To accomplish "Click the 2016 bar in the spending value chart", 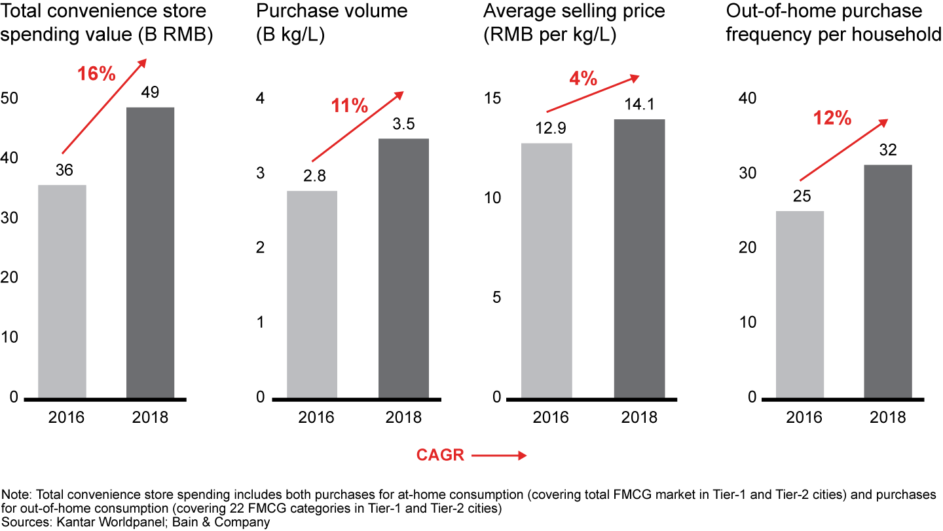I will pos(62,292).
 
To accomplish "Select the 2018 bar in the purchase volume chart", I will pos(403,268).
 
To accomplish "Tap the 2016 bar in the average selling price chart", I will pos(547,270).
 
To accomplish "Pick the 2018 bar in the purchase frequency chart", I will pos(887,281).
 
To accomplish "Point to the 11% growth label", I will pos(349,106).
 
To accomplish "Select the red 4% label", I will pos(583,79).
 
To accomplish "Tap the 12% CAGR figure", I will pos(832,119).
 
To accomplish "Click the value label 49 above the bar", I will pos(150,92).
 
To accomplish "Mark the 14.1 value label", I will pos(639,105).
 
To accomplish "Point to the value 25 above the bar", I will pos(799,196).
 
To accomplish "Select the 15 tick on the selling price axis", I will pos(492,98).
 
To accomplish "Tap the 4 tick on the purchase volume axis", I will pos(260,98).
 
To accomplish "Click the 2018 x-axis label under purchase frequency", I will pos(888,418).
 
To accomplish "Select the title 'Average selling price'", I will pos(574,11).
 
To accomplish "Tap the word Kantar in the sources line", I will pos(64,522).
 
